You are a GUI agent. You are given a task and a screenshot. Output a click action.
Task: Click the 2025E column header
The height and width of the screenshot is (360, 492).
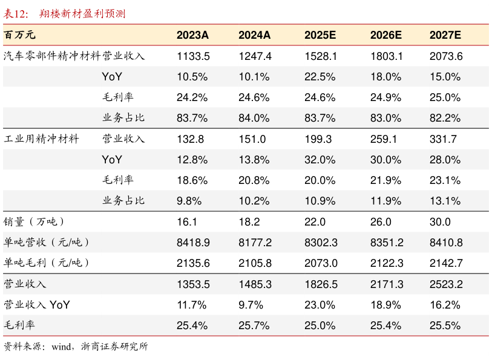coord(321,35)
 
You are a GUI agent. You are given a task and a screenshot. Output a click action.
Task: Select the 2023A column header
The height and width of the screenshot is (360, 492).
coord(192,35)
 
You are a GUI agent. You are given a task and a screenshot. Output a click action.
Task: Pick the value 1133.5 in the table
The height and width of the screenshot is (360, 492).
coord(193,56)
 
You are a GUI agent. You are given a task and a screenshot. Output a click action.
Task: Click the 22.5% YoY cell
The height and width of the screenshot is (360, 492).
coord(321,77)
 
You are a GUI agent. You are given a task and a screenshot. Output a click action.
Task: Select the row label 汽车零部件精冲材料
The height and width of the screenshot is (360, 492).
coord(52,56)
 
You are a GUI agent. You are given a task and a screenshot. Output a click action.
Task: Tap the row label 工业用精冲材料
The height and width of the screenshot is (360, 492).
coord(41,139)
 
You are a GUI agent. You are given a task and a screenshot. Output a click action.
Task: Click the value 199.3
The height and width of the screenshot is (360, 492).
coord(318,139)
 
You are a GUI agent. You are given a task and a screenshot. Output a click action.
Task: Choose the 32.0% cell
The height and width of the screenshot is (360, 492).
coord(321,160)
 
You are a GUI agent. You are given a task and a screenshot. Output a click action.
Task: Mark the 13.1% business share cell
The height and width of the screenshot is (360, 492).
coord(445,201)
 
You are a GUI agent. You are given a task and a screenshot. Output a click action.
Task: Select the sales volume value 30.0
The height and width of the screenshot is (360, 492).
coord(440,222)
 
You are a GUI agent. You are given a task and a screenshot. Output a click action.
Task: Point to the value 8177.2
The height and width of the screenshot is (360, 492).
coord(255,243)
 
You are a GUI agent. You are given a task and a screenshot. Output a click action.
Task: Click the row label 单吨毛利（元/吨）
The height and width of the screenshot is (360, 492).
coord(47,263)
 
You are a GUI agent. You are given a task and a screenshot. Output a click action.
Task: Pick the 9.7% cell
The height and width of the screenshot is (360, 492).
coord(251,305)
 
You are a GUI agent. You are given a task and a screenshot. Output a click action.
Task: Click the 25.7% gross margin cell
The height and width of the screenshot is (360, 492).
coord(254,326)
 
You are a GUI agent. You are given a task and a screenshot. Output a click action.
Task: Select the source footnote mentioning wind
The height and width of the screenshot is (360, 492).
coord(76,347)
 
